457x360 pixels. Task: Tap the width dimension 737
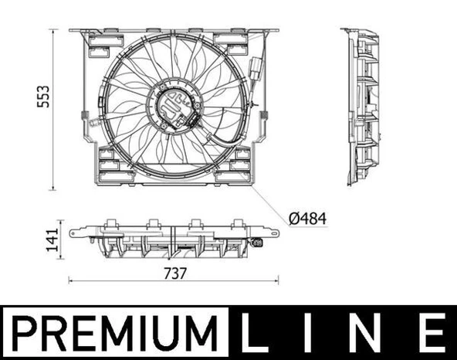174,273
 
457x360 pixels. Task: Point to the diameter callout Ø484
306,219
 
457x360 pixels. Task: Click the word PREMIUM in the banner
113,333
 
